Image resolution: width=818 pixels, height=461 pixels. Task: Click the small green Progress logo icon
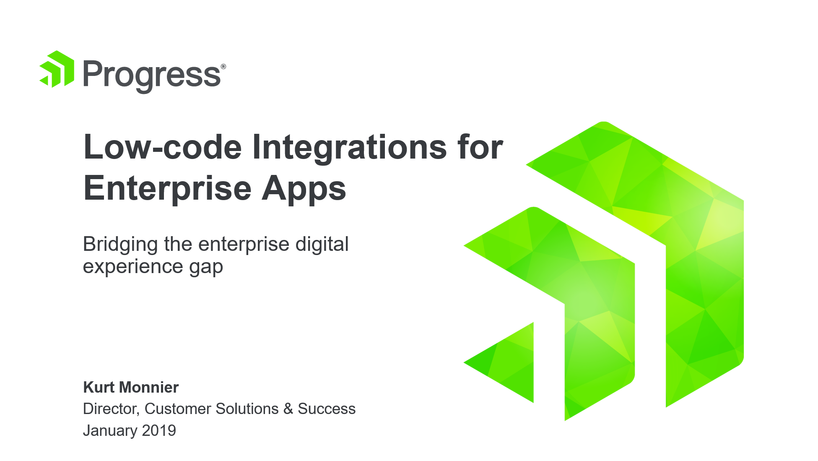57,69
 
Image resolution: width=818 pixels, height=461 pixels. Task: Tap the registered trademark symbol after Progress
223,66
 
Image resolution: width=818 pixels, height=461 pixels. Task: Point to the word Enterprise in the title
168,188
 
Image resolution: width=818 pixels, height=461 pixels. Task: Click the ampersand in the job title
288,409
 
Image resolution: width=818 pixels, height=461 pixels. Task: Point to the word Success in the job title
327,409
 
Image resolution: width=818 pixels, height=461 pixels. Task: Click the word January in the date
110,431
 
